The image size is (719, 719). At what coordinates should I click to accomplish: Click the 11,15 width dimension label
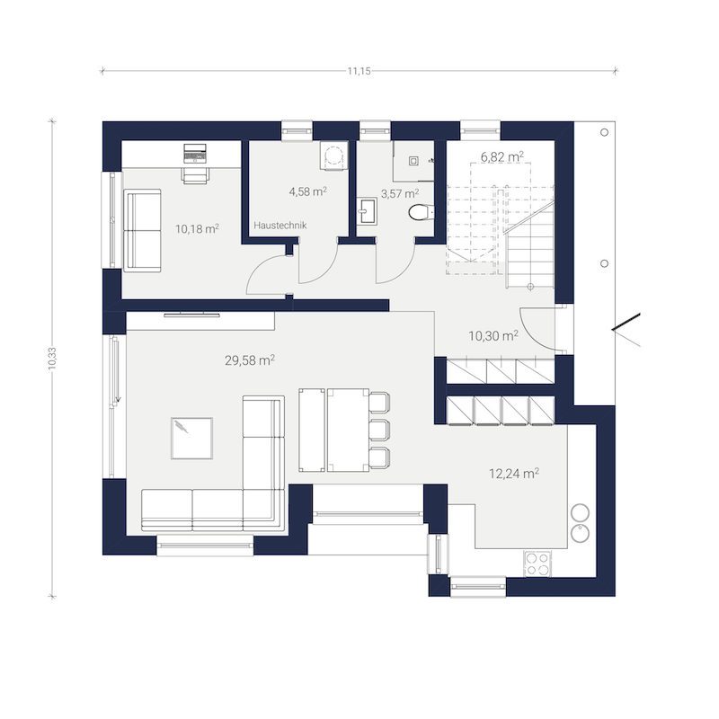coord(359,71)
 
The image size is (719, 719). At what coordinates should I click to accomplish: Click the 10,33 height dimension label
coord(52,358)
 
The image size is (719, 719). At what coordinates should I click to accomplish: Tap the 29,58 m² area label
coord(250,360)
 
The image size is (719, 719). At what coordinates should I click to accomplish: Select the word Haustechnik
coord(280,226)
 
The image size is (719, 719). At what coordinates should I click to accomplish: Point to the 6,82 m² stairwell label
coord(502,156)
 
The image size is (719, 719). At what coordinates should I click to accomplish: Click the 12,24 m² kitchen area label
coord(514,474)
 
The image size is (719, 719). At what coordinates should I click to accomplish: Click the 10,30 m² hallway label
coord(493,335)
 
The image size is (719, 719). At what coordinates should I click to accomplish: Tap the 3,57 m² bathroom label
coord(400,193)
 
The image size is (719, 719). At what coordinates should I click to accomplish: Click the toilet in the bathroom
coord(420,213)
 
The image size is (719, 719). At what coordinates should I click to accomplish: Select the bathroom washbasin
coord(367,212)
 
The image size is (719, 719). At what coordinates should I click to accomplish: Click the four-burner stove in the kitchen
coord(537,564)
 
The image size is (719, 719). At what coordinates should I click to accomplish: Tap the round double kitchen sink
coord(580,523)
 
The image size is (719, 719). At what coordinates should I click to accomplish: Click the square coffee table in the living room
coord(191,438)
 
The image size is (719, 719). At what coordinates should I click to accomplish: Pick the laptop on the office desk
coord(194,153)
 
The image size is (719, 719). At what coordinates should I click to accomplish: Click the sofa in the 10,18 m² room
coord(142,231)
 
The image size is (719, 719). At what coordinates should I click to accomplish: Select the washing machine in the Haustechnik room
coord(333,155)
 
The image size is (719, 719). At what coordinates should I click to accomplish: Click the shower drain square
coord(413,161)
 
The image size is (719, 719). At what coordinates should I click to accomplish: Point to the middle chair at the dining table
coord(379,431)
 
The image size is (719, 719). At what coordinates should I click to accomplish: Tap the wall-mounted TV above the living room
coord(191,315)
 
